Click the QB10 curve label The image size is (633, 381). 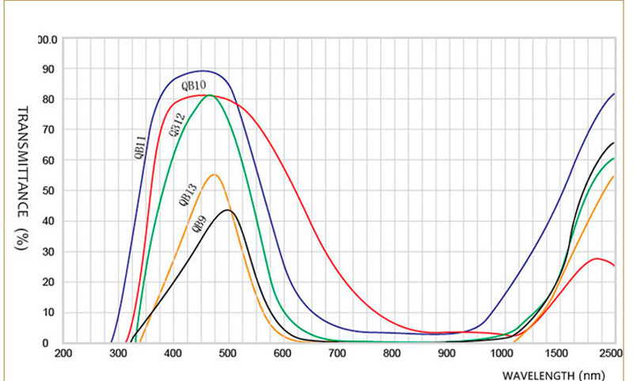(194, 86)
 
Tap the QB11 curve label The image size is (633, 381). (139, 147)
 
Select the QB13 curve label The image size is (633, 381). (189, 193)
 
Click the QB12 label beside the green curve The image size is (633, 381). (177, 125)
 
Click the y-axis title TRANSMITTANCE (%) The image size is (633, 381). (23, 178)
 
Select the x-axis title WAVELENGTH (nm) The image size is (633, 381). (558, 374)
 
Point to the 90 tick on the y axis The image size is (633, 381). (50, 69)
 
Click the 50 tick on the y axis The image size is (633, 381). (50, 191)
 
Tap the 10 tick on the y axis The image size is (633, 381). (50, 312)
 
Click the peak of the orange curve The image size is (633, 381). (214, 174)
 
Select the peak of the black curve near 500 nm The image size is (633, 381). (228, 210)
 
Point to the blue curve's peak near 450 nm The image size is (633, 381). (203, 70)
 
